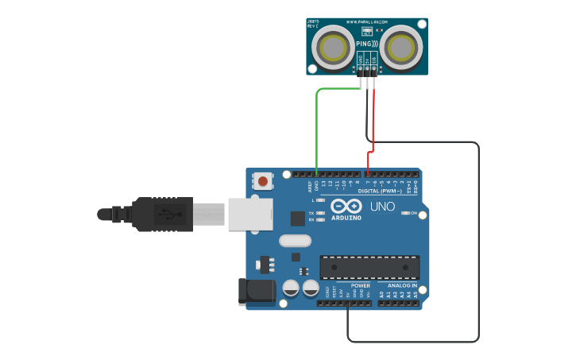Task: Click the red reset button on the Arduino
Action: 263,181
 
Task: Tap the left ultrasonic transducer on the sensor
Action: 332,47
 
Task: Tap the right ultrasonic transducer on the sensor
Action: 402,47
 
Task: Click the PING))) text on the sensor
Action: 367,43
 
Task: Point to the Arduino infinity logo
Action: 346,206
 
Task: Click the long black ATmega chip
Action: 369,267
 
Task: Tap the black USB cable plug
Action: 162,214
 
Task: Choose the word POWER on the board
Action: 360,285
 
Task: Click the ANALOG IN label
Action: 403,285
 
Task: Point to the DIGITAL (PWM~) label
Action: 380,192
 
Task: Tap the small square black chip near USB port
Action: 297,218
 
